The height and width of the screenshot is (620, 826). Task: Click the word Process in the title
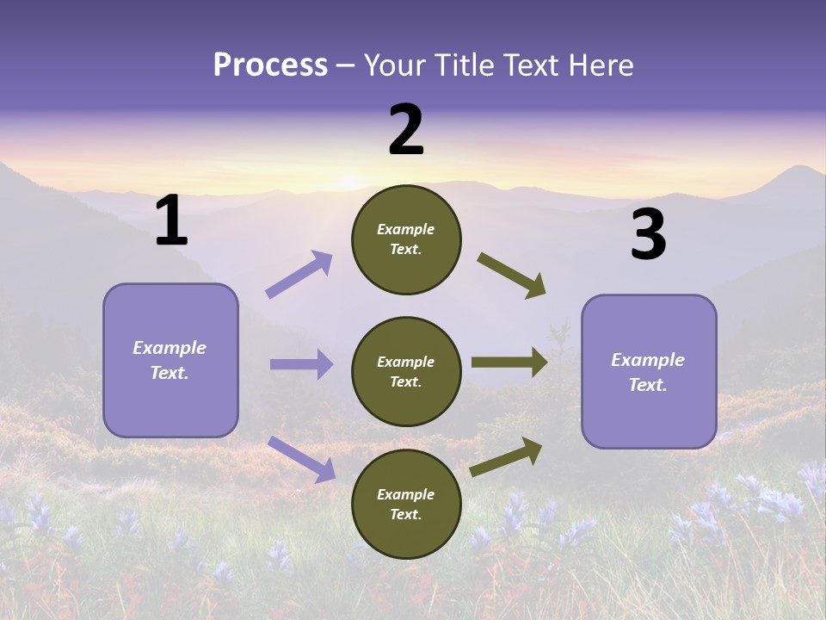[x=270, y=65]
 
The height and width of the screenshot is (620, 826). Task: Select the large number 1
[x=171, y=221]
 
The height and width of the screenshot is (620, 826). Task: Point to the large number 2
[x=406, y=130]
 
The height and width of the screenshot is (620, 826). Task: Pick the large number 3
[x=648, y=235]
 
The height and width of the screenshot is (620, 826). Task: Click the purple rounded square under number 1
[x=170, y=360]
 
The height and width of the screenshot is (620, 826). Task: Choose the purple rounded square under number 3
[x=649, y=371]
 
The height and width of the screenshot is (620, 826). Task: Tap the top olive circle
[x=406, y=239]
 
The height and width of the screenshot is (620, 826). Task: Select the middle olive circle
[x=406, y=371]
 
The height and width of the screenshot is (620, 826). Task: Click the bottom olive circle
[x=406, y=504]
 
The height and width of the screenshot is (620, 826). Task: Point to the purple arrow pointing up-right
[x=299, y=275]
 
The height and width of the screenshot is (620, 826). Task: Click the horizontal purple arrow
[x=301, y=364]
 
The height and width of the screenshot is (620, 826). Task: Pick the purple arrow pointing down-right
[x=301, y=459]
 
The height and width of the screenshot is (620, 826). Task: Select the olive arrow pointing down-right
[x=512, y=276]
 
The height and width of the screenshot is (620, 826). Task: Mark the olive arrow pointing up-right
[x=507, y=456]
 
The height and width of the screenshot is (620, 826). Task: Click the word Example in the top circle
[x=406, y=230]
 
